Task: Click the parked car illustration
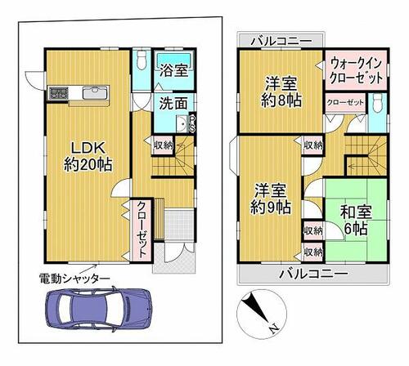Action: [99, 309]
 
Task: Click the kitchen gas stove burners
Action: [58, 92]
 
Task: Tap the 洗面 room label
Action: [173, 103]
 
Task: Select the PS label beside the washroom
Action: [192, 124]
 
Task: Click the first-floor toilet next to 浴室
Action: [142, 60]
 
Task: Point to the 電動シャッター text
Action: [74, 279]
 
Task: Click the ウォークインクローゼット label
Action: [356, 71]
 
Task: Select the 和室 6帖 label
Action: [356, 221]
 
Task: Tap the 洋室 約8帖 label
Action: [281, 92]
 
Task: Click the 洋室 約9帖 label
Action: [270, 199]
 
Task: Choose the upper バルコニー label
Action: [281, 42]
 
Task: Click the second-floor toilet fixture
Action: [378, 103]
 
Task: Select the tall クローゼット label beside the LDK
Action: [141, 230]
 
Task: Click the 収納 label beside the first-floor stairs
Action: [163, 145]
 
